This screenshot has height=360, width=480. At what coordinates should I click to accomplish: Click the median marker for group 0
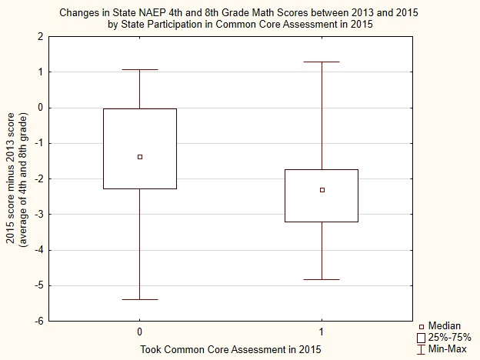coord(139,157)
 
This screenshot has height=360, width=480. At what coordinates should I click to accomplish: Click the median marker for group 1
coord(322,190)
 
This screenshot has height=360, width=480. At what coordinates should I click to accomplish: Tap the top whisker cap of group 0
coord(139,70)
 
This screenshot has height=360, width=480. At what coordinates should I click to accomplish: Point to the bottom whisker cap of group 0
coord(139,299)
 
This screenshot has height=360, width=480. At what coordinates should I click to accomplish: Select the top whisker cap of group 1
coord(322,62)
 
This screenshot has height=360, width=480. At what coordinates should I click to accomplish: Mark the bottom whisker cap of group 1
coord(322,279)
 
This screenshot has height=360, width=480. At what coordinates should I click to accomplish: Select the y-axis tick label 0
coord(40,108)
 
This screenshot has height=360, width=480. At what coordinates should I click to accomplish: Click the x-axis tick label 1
coord(322,332)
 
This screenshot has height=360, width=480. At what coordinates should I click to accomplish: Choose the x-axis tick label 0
coord(139,332)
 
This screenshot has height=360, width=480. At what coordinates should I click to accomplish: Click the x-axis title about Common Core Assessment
coord(229,349)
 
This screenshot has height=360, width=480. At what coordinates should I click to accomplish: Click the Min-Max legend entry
coord(445,348)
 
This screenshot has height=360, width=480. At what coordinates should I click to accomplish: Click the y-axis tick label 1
coord(40,72)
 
